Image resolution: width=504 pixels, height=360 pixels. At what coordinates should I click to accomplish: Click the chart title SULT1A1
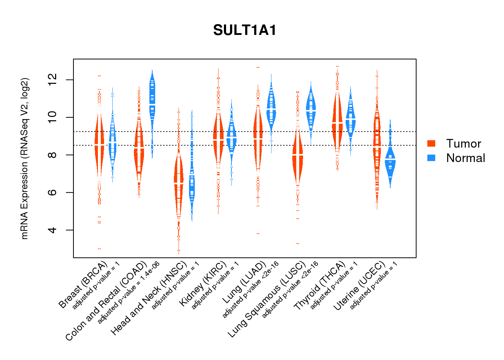pos(245,30)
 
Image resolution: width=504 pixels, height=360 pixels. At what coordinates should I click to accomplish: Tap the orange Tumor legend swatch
pos(431,143)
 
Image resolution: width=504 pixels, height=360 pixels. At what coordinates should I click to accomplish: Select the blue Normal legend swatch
pos(431,158)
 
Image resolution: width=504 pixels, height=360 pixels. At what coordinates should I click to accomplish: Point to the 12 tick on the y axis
pos(53,80)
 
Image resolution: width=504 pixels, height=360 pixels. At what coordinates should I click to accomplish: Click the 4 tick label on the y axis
pos(53,230)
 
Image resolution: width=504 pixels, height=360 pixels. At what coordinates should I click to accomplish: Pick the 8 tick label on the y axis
pos(53,155)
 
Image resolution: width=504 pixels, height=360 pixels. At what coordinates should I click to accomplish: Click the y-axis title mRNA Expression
pos(24,158)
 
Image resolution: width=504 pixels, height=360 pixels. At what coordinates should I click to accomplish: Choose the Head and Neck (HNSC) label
pos(149,299)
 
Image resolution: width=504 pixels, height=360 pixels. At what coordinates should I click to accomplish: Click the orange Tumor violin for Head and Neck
pos(179,184)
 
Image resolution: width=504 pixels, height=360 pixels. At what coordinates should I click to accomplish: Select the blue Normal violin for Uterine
pos(390,162)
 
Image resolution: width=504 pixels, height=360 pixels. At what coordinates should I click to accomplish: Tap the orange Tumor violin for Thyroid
pos(337,122)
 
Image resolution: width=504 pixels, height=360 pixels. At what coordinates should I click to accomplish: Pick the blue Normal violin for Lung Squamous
pos(311,110)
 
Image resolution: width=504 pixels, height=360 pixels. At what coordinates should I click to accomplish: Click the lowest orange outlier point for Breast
pos(99,249)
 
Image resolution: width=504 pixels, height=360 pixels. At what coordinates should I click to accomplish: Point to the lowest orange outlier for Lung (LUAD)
pos(258,234)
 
